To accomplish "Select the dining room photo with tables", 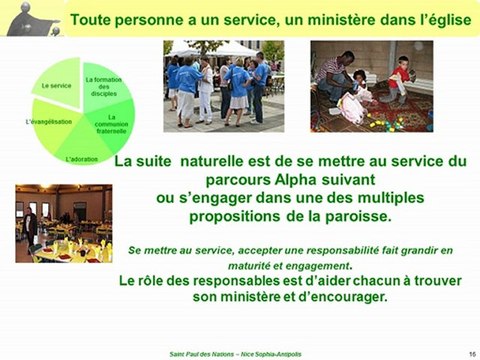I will click(63, 223).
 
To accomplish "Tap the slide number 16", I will click(470, 353).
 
